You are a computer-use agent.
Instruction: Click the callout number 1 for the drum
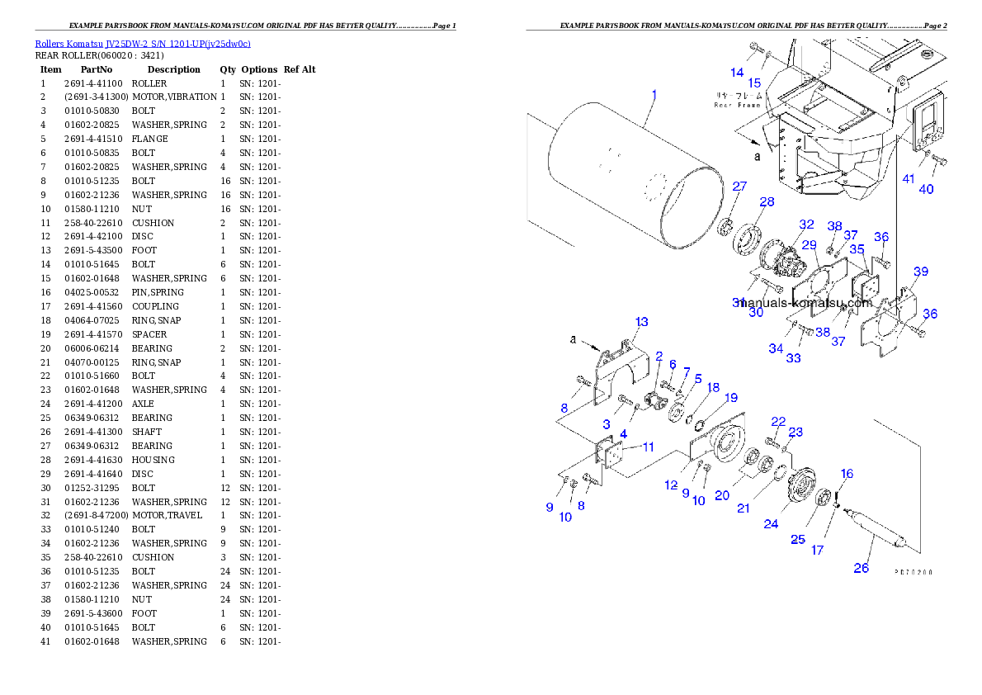[654, 95]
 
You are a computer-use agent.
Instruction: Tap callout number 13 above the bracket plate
[641, 322]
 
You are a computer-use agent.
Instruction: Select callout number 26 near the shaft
[861, 568]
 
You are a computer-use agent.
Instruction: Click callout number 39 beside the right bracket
[920, 272]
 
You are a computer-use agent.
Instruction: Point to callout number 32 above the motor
[806, 225]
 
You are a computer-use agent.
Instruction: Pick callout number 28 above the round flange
[767, 202]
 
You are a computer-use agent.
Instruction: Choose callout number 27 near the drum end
[739, 187]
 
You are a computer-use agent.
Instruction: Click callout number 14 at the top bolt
[737, 73]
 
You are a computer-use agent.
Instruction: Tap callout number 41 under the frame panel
[908, 178]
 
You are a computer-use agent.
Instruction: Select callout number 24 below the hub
[771, 523]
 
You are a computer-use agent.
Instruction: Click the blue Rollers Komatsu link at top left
[143, 43]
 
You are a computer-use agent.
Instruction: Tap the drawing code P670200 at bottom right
[914, 570]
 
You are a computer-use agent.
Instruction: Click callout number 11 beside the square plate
[648, 447]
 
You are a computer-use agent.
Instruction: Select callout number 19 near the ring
[731, 398]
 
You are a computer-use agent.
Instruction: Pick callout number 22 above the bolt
[778, 422]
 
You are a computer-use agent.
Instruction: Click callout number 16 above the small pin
[847, 474]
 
